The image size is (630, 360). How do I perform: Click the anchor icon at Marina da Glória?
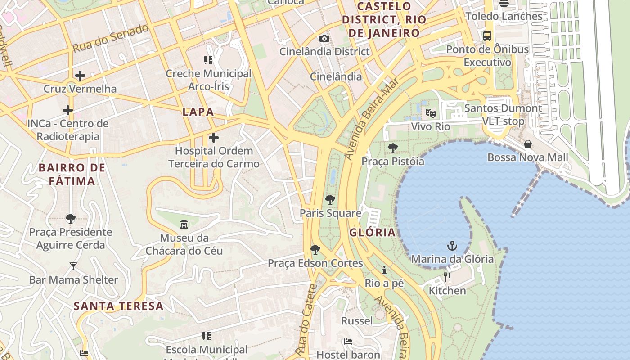[452, 246]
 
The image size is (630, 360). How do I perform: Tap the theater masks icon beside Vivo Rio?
[431, 113]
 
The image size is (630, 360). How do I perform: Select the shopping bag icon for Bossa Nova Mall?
[528, 144]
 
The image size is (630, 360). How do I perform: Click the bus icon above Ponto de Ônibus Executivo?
[487, 36]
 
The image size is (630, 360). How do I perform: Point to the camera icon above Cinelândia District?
[324, 38]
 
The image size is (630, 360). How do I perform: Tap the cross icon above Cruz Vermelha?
[80, 75]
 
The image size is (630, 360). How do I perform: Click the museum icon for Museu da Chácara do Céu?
[184, 224]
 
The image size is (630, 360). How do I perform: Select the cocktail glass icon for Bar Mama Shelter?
[73, 266]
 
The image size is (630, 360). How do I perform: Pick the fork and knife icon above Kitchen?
[447, 277]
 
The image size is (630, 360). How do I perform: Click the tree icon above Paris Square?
[330, 200]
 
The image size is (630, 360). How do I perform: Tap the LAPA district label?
[198, 112]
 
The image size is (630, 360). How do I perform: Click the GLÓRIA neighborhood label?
[372, 233]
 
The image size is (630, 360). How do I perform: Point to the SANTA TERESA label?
[118, 306]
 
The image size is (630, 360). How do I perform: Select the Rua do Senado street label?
[110, 38]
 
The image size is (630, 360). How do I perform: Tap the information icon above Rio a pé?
[384, 270]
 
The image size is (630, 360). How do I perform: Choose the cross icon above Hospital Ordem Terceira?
[214, 137]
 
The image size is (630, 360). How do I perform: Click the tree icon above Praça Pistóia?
[393, 148]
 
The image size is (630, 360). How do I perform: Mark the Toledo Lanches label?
[504, 16]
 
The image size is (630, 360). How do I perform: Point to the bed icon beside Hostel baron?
[348, 342]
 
